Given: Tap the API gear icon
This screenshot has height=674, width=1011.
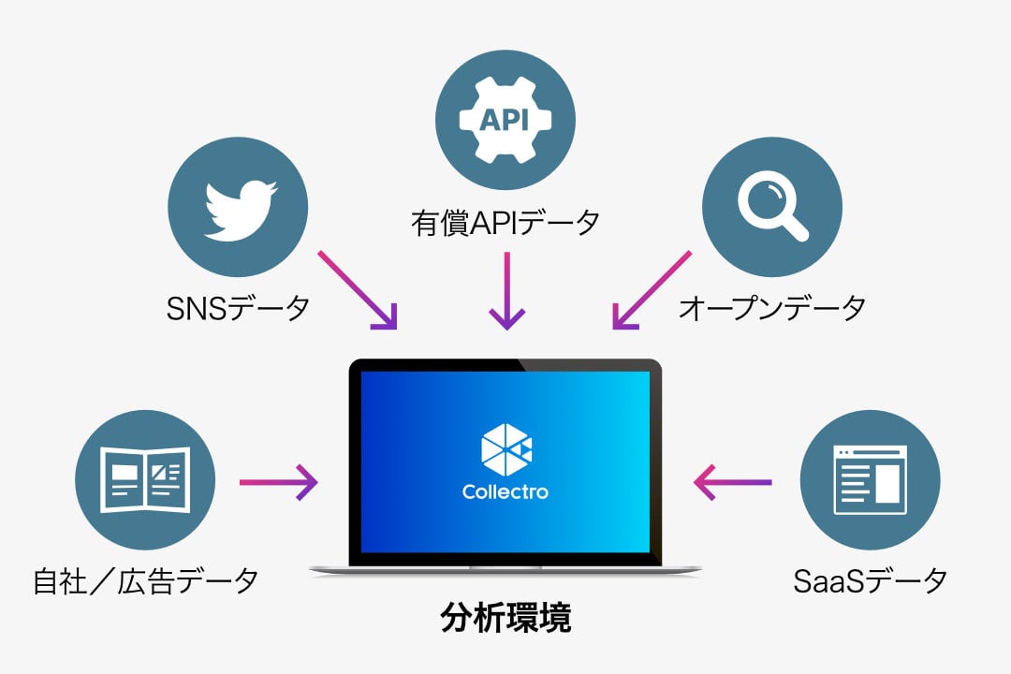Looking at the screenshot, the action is tap(505, 120).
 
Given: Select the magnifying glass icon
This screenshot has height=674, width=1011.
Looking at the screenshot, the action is tap(772, 206).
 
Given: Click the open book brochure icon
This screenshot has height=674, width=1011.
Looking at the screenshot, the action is tap(145, 480).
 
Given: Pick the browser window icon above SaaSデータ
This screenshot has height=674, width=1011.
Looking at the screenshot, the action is tap(870, 480).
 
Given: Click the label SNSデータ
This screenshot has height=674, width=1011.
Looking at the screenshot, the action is tap(238, 308).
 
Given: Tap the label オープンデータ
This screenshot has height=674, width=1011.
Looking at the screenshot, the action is tap(771, 308).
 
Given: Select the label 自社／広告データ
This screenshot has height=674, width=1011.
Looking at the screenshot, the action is tap(146, 581).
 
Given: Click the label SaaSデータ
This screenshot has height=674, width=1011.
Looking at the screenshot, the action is tap(870, 581).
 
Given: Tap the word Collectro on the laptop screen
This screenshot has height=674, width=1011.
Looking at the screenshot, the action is tap(505, 492).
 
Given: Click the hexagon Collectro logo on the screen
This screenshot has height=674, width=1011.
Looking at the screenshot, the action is tap(506, 449).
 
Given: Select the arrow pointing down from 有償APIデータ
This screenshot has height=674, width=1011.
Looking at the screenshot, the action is tap(506, 291).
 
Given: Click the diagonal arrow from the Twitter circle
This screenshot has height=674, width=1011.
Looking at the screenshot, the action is tap(358, 290).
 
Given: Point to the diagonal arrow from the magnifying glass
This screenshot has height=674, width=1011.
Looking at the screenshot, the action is tap(652, 290).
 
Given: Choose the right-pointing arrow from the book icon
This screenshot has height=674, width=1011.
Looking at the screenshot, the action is tap(279, 482).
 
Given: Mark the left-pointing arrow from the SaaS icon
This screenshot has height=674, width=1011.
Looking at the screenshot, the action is tap(732, 482).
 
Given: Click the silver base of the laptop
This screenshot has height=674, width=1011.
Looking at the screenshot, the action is tap(505, 570).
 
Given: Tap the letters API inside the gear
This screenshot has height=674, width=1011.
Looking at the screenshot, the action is tap(505, 120).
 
